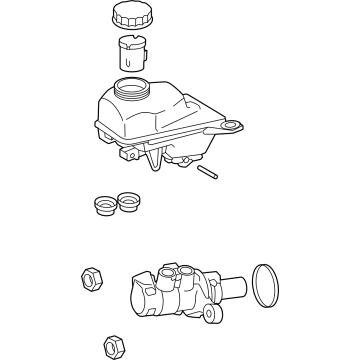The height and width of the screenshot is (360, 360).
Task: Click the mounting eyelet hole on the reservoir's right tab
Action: [234, 126]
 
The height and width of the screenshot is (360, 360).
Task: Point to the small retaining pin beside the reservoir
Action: [207, 171]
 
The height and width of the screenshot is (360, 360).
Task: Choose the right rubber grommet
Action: [127, 201]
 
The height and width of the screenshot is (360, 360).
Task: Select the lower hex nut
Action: [114, 341]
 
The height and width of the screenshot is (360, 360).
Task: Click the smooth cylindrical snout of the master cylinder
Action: [231, 288]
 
